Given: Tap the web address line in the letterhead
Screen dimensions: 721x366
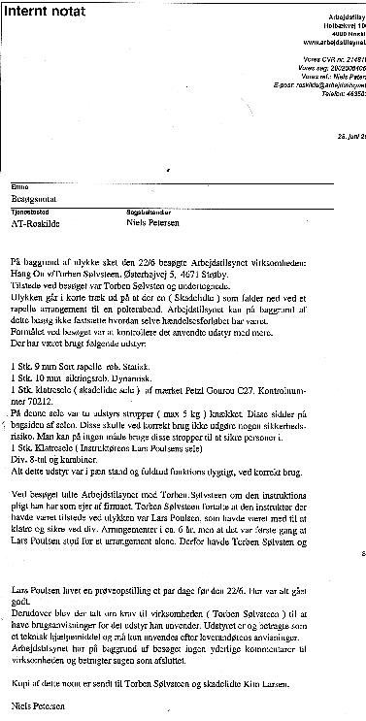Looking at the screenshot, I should click(x=329, y=43).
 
